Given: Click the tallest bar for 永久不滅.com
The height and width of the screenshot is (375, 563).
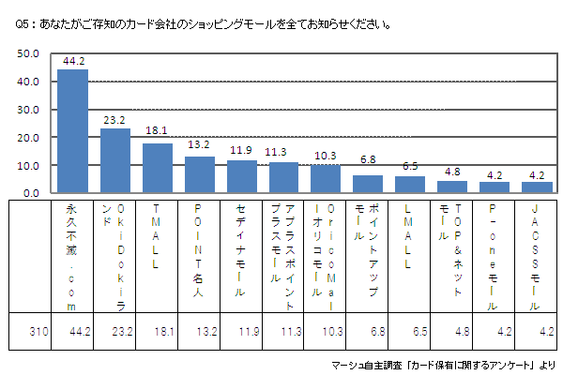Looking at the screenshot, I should (72, 131).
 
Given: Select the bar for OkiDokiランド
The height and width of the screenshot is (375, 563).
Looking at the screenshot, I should (114, 160).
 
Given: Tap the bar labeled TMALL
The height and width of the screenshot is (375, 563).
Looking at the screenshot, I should (157, 168).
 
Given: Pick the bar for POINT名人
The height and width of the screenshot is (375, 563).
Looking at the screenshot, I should (199, 174).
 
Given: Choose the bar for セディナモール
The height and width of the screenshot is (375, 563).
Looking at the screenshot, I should (241, 176).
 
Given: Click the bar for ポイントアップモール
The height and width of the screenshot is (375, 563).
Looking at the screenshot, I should (368, 184).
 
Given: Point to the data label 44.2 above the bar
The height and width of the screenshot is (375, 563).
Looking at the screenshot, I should (73, 61).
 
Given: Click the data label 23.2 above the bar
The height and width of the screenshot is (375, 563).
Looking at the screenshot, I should (114, 120).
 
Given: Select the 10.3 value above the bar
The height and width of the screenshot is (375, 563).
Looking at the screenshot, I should (326, 156).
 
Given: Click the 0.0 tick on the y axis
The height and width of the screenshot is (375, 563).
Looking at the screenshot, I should (32, 193).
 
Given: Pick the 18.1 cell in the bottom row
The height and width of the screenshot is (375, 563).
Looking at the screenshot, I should (157, 330).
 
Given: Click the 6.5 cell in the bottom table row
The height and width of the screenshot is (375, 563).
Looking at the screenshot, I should (410, 330).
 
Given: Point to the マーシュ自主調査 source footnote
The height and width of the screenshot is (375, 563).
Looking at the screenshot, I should (442, 364).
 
